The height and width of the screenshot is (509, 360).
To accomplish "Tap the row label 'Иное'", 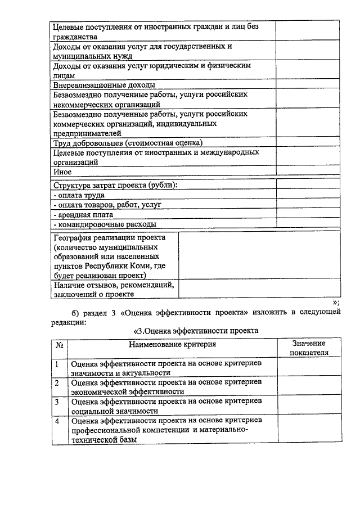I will click(x=62, y=172).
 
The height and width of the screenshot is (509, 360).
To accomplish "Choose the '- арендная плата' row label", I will click(x=83, y=214).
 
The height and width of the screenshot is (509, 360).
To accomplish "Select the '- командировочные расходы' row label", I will click(x=104, y=224).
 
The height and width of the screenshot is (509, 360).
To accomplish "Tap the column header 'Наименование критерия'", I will click(x=172, y=344).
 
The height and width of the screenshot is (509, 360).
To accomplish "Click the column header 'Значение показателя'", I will click(x=308, y=348).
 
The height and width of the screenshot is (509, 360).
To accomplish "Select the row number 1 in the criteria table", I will click(x=57, y=364).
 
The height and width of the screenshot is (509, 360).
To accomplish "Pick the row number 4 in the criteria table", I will click(x=57, y=421).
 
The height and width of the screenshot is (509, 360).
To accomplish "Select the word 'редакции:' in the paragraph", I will click(x=69, y=321).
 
